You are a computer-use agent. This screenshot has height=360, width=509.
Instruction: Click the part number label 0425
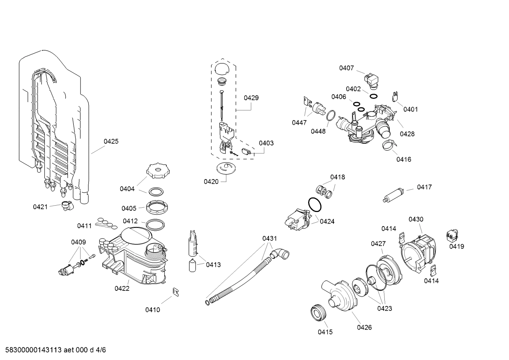tap(111, 141)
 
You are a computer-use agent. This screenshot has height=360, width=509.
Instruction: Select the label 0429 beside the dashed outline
tap(251, 98)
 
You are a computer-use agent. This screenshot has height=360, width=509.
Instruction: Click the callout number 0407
tap(346, 68)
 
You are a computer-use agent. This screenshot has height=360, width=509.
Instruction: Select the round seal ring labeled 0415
tap(319, 312)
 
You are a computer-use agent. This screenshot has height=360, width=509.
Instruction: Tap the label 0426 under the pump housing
tap(364, 327)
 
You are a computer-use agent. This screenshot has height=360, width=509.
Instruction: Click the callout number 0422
tap(122, 288)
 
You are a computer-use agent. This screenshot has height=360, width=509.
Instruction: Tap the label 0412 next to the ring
tap(130, 221)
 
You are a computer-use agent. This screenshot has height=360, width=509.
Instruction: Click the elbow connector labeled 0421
tap(66, 205)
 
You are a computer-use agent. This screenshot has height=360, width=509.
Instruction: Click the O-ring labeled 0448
tap(330, 116)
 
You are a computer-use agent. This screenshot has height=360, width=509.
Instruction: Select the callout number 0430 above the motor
tap(415, 219)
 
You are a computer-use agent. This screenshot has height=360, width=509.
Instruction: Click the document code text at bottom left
tap(53, 350)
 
